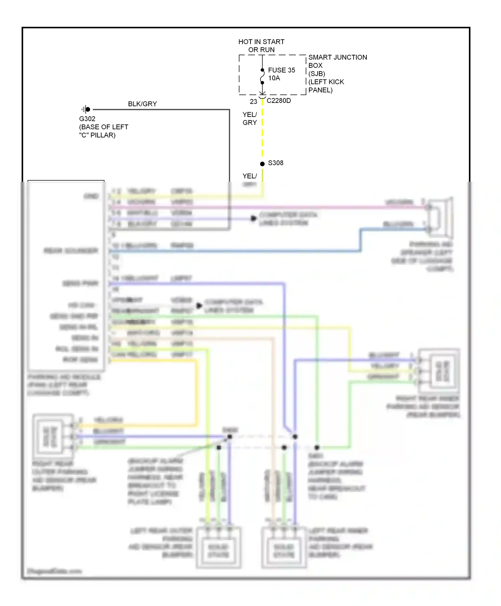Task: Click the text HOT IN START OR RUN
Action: point(261,46)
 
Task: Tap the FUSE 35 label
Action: point(281,70)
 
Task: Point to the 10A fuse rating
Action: point(274,78)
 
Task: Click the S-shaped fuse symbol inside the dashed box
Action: point(262,77)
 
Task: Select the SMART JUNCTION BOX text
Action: point(337,61)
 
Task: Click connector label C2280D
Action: point(279,101)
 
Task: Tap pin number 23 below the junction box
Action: point(253,101)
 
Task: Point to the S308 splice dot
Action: point(262,164)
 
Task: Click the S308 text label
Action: point(276,163)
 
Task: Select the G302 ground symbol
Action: point(86,109)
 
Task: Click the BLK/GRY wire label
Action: point(142,104)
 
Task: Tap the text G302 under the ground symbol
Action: point(87,119)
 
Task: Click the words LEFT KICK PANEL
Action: point(326,86)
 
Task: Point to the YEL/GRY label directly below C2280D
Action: point(249,119)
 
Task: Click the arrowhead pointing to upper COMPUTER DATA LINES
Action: point(254,218)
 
